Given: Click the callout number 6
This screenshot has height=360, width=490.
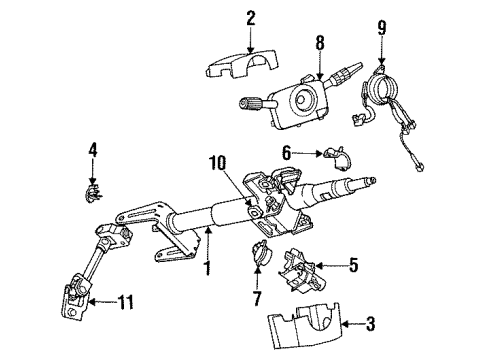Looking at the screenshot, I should tap(286, 153).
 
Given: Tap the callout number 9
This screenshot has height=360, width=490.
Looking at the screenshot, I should tap(381, 23).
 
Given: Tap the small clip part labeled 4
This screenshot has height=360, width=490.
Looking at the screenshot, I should tap(93, 184).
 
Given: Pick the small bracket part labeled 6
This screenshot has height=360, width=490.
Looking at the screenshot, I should tap(334, 156).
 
